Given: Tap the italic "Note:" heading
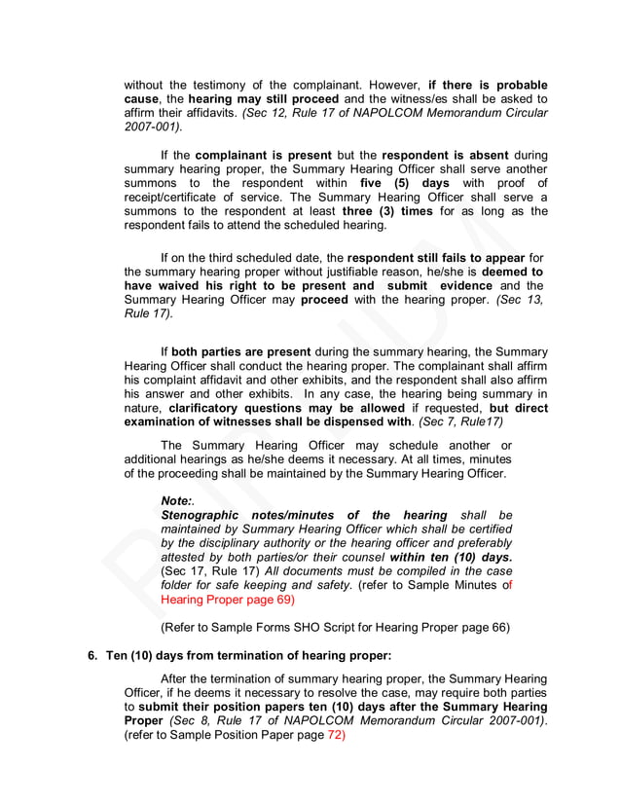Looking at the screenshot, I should click(x=176, y=500).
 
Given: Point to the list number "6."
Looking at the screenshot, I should click(x=93, y=655).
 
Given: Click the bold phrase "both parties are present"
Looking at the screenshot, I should click(x=241, y=351).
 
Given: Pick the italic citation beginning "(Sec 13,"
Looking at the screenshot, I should click(x=520, y=300).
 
